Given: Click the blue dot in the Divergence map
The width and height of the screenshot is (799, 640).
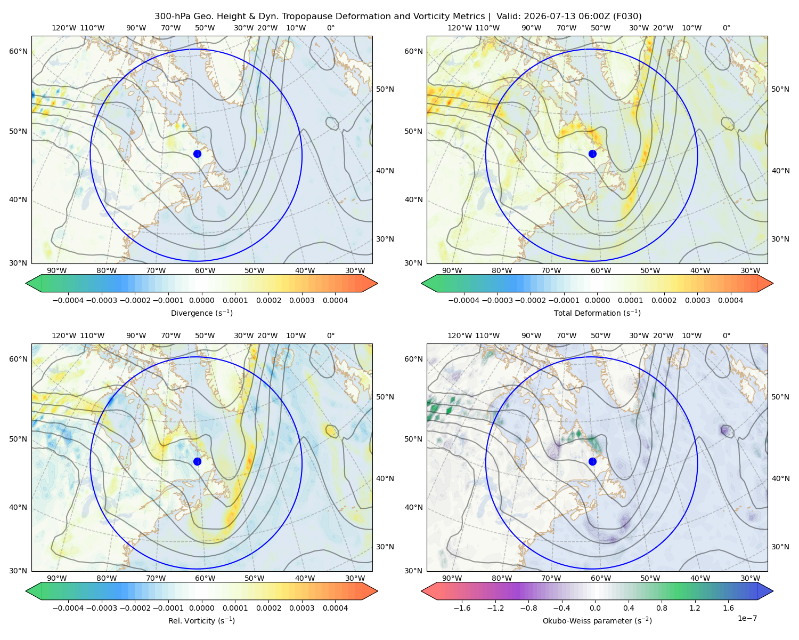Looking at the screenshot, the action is [x=197, y=154].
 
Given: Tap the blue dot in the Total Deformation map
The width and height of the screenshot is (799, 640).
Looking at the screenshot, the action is [x=592, y=154].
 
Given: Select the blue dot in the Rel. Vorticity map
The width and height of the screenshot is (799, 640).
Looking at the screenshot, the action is [x=197, y=461].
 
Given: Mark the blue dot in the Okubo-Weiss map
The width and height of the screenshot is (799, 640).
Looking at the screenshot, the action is [x=592, y=461].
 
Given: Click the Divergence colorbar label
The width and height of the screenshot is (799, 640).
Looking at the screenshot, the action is [x=201, y=313].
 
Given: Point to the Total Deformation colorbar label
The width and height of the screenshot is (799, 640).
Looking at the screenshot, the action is [x=597, y=313].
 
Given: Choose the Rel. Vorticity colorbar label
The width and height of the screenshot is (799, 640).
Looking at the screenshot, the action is [x=201, y=621].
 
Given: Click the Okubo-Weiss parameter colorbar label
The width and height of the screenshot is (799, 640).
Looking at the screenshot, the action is [x=597, y=621].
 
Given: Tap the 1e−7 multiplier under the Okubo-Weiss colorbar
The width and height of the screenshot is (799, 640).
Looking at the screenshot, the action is [x=747, y=618].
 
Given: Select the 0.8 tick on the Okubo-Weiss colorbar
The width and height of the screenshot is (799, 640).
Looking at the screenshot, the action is [x=662, y=608].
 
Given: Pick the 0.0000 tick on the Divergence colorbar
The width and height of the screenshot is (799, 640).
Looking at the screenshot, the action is [x=201, y=300].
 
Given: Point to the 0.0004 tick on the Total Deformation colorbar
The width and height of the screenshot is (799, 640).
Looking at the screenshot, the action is [x=731, y=300].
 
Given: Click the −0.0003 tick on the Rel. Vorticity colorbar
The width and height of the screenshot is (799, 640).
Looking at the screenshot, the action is [x=101, y=608].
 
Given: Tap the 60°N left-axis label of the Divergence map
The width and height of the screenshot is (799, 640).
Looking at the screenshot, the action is [x=18, y=51].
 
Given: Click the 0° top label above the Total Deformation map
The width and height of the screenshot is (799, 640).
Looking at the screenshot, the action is [x=726, y=28].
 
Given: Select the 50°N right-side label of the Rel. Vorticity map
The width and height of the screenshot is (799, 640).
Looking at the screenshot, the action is [x=385, y=397].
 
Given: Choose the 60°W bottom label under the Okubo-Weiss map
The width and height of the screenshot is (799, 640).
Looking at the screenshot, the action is [x=601, y=578].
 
